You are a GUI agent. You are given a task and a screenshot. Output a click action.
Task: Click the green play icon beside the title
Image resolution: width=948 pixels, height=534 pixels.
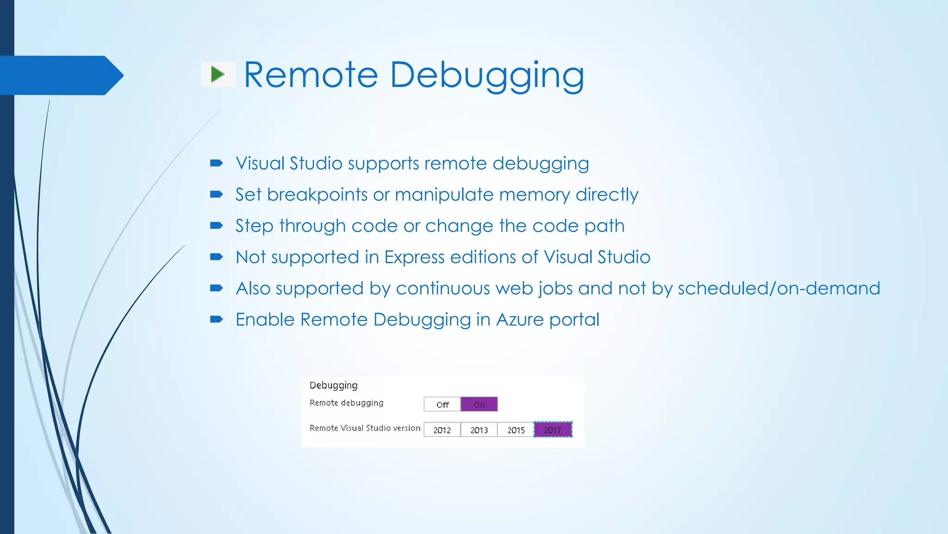pos(218,74)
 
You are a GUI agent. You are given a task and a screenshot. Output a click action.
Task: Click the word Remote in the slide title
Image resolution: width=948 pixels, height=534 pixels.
pos(311,75)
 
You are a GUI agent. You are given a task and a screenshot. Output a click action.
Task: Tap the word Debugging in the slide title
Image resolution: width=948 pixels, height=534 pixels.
pos(487,75)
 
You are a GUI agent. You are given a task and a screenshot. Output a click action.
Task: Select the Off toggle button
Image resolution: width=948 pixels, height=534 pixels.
pos(442,405)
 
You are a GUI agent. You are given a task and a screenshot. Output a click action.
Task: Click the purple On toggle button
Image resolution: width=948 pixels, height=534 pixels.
pos(479,405)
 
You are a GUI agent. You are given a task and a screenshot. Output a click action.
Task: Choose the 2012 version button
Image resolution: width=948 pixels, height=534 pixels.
pos(442,430)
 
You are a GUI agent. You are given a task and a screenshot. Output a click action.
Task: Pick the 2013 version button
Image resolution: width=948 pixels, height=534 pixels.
pos(479,430)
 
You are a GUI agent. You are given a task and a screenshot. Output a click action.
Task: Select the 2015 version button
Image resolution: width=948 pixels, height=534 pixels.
pos(516,430)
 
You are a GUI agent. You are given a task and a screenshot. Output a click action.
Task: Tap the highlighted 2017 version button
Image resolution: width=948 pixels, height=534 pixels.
pos(553,430)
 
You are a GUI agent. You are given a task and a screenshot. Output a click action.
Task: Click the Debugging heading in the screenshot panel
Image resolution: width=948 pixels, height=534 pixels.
pos(333,385)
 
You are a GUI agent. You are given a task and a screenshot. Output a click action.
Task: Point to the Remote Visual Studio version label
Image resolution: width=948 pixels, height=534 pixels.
pos(365,428)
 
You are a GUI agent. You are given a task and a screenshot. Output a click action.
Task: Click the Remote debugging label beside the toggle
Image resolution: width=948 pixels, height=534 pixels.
pos(346,403)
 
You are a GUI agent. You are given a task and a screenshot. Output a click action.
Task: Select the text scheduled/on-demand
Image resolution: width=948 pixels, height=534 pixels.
pos(779,288)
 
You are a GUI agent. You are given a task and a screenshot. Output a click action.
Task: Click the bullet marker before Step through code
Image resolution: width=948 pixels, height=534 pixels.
pos(216,226)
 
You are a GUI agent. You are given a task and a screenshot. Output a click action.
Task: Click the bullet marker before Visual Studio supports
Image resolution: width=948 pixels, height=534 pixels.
pos(216,163)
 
